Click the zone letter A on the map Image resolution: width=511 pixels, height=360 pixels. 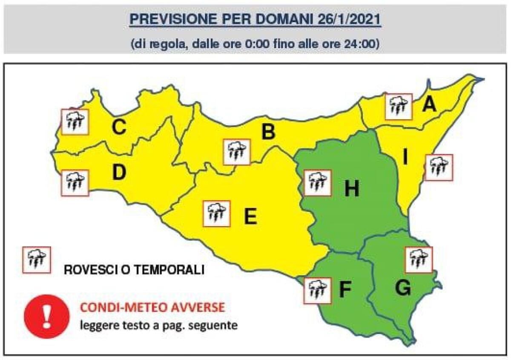click(x=429, y=104)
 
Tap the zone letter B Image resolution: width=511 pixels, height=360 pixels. click(x=268, y=132)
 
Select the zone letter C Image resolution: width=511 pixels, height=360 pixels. click(x=118, y=127)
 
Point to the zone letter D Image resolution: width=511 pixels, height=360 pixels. click(x=119, y=173)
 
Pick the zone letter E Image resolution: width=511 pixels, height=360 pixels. click(x=250, y=217)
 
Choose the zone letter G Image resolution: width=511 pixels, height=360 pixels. click(x=402, y=288)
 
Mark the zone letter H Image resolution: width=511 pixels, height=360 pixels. click(x=352, y=189)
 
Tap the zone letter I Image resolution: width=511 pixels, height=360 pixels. click(x=405, y=158)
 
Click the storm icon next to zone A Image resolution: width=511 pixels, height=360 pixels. click(x=399, y=107)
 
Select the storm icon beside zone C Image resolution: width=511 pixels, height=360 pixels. click(x=75, y=122)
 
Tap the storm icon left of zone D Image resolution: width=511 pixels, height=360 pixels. click(x=75, y=183)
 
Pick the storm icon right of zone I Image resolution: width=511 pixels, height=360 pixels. click(x=438, y=167)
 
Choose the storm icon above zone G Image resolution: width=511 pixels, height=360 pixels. click(x=418, y=259)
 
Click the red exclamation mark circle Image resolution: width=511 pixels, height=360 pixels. click(x=48, y=317)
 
